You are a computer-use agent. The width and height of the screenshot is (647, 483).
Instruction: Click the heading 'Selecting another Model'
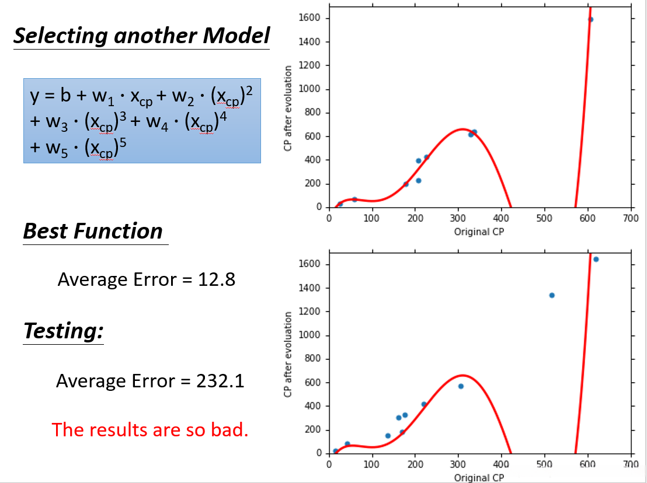[141, 36]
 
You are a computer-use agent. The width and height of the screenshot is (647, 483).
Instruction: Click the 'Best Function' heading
[93, 232]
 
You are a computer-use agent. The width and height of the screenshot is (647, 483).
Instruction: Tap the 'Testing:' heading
[64, 331]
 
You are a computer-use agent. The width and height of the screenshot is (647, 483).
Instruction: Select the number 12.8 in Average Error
[217, 279]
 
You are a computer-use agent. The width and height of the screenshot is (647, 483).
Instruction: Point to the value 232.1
[217, 381]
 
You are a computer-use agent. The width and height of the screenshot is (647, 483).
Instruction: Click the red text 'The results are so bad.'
[150, 429]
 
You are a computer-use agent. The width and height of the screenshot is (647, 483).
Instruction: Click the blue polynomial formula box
[142, 120]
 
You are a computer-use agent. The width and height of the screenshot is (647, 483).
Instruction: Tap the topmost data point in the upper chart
[590, 19]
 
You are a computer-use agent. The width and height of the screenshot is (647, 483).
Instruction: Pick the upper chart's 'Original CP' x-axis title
[479, 232]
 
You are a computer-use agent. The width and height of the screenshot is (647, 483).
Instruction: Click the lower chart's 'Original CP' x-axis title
[479, 477]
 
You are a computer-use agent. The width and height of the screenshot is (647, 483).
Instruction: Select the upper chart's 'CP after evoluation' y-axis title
[287, 108]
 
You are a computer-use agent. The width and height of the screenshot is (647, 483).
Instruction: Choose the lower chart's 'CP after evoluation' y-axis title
[287, 355]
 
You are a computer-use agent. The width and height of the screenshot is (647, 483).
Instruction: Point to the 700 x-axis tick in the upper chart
[631, 219]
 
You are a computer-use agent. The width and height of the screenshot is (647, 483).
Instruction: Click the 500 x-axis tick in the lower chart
[544, 465]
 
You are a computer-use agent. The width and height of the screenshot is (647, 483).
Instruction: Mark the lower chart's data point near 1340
[552, 295]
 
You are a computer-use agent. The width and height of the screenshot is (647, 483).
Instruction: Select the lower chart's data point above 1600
[596, 259]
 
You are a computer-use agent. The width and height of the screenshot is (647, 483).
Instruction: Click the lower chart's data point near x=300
[461, 386]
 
